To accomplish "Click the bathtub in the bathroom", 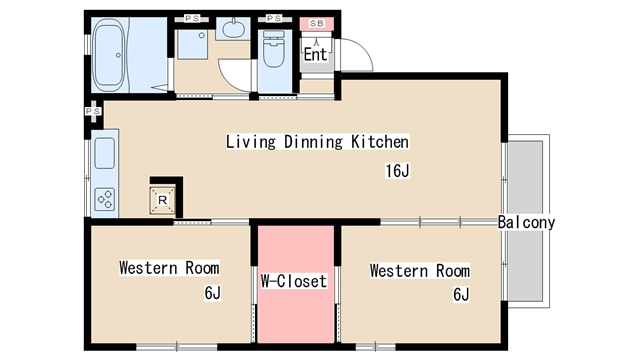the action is (x=108, y=55).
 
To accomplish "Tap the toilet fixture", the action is (x=273, y=49).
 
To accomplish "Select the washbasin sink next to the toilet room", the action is (x=234, y=29).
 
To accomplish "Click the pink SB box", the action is (x=317, y=23).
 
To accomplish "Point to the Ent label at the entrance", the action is (x=316, y=54).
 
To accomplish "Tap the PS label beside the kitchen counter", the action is (x=93, y=111).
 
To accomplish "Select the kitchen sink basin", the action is (x=104, y=153).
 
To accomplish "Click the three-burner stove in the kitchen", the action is (x=104, y=199).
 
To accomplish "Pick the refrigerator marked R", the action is (x=162, y=200).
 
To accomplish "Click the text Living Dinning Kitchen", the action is (x=317, y=142).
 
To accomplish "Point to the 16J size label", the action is (x=397, y=171).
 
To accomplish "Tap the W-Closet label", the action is (x=294, y=281).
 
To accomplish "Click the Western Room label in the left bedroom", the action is (x=169, y=268).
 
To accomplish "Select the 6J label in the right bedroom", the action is (x=461, y=294).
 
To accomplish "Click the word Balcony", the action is (x=526, y=222).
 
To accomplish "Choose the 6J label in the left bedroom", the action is (x=212, y=293).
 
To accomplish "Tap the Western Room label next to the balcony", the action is (x=420, y=271).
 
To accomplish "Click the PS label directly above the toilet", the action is (x=274, y=18).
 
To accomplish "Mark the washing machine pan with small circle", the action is (x=193, y=44).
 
